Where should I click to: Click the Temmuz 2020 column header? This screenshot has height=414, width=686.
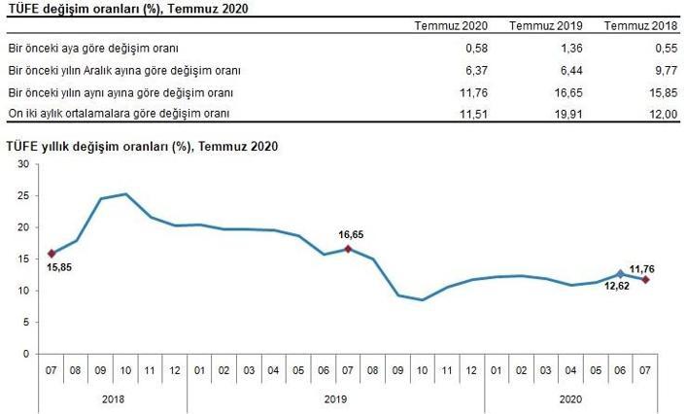point(451,26)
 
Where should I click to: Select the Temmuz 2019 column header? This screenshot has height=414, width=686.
point(546,26)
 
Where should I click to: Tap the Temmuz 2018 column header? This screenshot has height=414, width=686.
point(641,26)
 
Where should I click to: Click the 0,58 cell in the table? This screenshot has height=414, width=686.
point(476,48)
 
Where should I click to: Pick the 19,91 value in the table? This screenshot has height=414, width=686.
point(568,114)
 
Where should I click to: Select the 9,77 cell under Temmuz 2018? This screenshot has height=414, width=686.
point(667,70)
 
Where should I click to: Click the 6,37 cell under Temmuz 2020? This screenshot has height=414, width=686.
point(476,70)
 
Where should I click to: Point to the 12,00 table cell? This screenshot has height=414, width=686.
point(664,114)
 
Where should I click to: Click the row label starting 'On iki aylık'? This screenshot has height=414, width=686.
point(119,114)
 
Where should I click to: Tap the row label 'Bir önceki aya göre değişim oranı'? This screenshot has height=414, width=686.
point(93,49)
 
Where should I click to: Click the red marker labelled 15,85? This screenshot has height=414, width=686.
point(51,254)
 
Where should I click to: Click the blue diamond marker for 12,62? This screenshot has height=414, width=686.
point(620,274)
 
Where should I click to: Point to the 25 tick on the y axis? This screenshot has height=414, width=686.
point(23,195)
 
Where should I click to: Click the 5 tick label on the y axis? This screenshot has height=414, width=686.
point(26,322)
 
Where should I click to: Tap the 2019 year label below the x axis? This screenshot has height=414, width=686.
point(335,399)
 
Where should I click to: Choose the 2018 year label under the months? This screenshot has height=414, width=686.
point(113,399)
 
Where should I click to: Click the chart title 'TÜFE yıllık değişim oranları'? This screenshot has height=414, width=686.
point(99,146)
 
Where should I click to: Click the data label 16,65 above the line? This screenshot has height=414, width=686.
point(351,234)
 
